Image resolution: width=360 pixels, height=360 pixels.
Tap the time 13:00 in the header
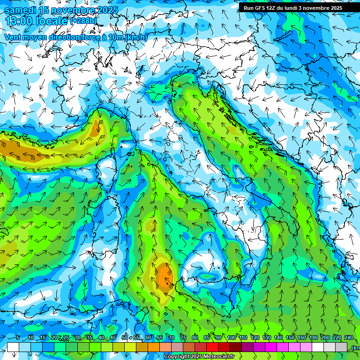pos(19,21)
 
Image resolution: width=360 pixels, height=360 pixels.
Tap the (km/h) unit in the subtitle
pos(136,37)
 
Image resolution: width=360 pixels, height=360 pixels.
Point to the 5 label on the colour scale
pos(18,337)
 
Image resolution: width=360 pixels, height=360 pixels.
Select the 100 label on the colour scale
pos(232,337)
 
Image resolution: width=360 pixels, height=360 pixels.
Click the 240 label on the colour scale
pos(349,337)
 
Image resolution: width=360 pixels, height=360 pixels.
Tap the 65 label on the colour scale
pos(160,337)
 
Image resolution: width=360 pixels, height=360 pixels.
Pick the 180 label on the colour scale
pos(314,337)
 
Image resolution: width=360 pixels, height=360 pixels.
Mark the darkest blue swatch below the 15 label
pos(48,347)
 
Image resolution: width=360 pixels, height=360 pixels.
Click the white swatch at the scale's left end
pos(13,347)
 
